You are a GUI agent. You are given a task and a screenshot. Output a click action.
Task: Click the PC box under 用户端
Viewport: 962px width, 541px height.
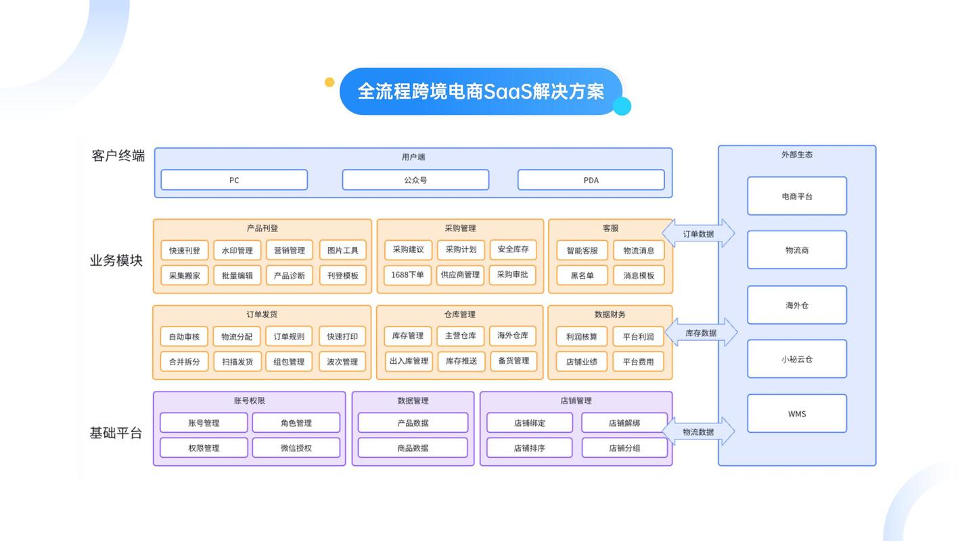point(234,180)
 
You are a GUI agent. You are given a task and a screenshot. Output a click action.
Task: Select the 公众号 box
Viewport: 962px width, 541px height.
point(415,180)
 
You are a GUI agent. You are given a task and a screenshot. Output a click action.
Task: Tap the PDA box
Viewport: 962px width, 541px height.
point(591,180)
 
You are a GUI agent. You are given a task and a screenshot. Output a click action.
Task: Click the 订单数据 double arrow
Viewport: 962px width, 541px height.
point(698,233)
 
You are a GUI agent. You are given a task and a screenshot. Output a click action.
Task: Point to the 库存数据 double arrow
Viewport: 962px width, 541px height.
point(701,332)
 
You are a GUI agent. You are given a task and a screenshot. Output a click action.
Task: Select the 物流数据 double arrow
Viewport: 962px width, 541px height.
point(698,431)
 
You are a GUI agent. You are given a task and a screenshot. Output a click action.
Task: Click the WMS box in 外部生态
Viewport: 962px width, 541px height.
point(797,413)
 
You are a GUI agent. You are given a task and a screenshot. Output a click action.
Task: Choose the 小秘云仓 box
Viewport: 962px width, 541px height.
point(797,359)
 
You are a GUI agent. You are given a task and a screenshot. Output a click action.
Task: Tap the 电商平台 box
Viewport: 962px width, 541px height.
point(797,196)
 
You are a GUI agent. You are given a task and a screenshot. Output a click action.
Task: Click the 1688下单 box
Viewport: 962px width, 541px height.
point(407,275)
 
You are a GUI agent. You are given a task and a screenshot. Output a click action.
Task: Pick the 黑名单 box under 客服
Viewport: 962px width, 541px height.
point(582,275)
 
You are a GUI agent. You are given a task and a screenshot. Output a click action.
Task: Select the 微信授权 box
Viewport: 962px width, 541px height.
point(296,448)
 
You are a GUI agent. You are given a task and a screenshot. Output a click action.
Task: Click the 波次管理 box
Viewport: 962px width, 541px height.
point(342,362)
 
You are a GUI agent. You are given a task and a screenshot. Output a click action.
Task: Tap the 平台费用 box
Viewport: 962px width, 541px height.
point(638,362)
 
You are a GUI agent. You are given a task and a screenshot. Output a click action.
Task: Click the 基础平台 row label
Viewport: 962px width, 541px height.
point(116,433)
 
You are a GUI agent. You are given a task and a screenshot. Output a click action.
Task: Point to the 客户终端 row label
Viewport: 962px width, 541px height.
point(118,156)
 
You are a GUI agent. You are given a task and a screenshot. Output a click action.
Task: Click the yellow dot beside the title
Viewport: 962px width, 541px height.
point(329,82)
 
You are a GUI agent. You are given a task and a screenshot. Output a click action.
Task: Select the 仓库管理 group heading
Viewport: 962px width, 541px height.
point(459,314)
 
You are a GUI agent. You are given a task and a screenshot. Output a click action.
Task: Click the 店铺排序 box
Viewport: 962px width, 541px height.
point(530,448)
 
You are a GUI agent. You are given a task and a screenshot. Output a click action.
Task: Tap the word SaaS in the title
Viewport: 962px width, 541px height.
point(507,91)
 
